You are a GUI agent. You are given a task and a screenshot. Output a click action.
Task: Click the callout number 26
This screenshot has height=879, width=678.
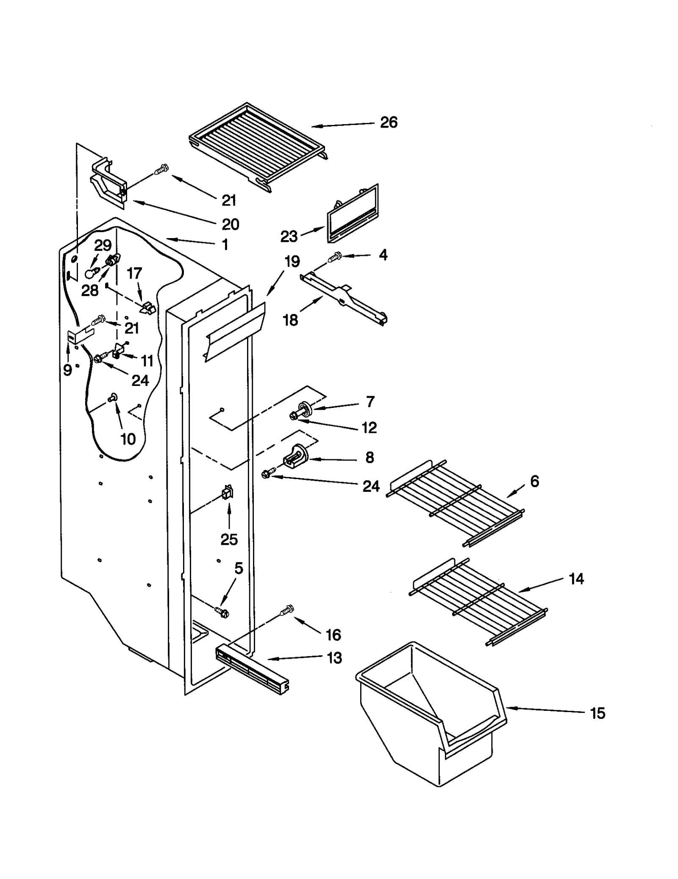click(388, 122)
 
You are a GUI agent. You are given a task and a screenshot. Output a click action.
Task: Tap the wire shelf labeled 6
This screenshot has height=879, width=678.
click(456, 502)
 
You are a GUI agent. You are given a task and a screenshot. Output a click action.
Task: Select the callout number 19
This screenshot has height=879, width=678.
click(292, 261)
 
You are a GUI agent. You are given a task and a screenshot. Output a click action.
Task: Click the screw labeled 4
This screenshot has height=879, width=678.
click(336, 256)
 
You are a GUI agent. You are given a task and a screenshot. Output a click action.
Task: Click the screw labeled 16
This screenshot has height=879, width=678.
click(287, 610)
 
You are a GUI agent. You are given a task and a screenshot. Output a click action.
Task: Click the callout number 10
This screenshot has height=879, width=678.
click(128, 439)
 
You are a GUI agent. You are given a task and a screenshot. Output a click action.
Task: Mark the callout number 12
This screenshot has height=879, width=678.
click(369, 427)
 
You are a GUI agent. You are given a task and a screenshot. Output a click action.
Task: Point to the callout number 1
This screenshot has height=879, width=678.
click(225, 244)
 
